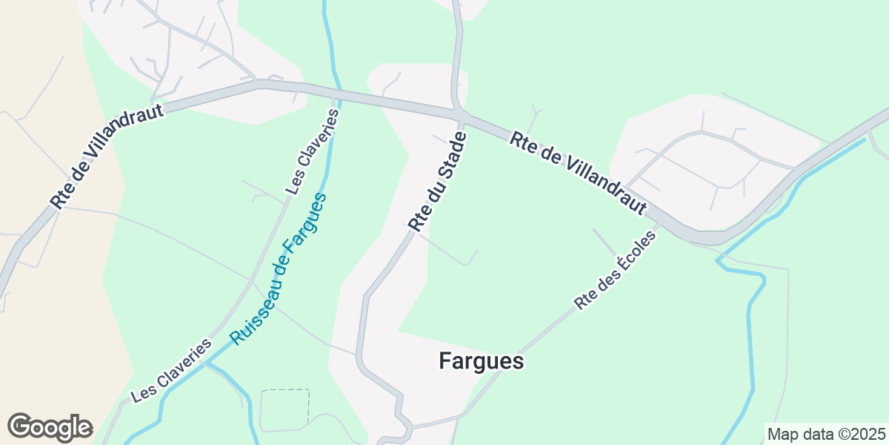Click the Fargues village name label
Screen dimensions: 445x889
point(481,361)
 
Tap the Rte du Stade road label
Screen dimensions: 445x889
point(439,182)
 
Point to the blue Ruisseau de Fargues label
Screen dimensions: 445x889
point(278,269)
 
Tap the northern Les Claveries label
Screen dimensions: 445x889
point(312,152)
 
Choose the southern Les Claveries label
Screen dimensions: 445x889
point(171,371)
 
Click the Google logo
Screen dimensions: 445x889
point(50,428)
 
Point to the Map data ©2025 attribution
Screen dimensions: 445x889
point(826,434)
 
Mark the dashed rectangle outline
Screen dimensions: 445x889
point(284,409)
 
